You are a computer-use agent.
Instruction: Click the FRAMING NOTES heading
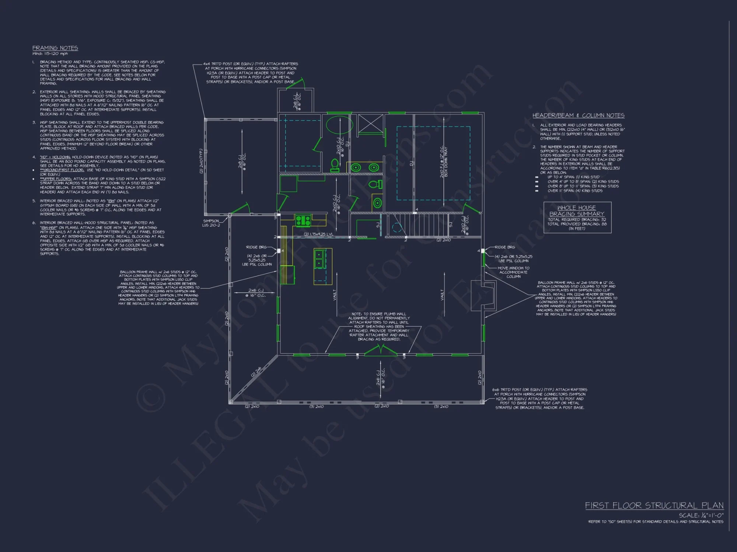55,48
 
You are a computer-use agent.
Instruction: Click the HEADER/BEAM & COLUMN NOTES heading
578,116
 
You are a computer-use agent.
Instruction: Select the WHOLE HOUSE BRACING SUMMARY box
577,217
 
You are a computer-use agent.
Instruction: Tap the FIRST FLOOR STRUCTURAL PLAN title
654,505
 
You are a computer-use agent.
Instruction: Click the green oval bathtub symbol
338,125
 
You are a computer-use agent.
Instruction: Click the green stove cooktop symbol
303,220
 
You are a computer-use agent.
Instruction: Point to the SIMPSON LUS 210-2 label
211,223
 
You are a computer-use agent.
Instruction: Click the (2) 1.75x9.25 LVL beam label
318,234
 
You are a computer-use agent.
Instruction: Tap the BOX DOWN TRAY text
446,162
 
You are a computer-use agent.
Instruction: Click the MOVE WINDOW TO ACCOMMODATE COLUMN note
513,272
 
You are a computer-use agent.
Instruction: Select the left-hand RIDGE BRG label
256,247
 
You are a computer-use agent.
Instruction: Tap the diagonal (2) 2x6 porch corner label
256,372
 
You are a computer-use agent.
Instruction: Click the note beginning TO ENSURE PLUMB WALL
379,326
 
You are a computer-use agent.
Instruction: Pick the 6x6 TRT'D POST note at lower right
540,399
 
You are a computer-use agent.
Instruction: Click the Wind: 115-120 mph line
50,54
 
